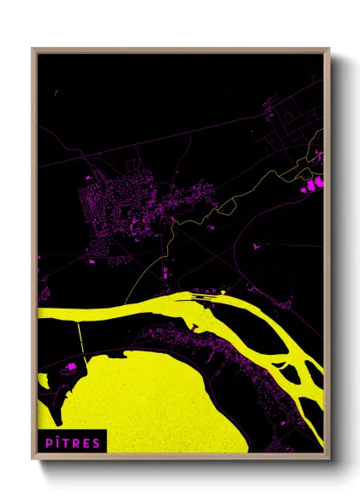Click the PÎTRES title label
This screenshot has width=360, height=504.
pyautogui.click(x=71, y=442)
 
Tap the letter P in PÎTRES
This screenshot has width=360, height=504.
pyautogui.click(x=45, y=442)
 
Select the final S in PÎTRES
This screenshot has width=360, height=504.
pyautogui.click(x=97, y=442)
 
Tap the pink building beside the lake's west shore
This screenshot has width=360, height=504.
pyautogui.click(x=71, y=367)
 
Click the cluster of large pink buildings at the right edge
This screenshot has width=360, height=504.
pyautogui.click(x=310, y=182)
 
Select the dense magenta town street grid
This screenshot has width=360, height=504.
pyautogui.click(x=120, y=201)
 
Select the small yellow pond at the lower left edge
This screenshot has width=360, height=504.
pyautogui.click(x=42, y=378)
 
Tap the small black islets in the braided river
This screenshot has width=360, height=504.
pyautogui.click(x=291, y=373)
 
